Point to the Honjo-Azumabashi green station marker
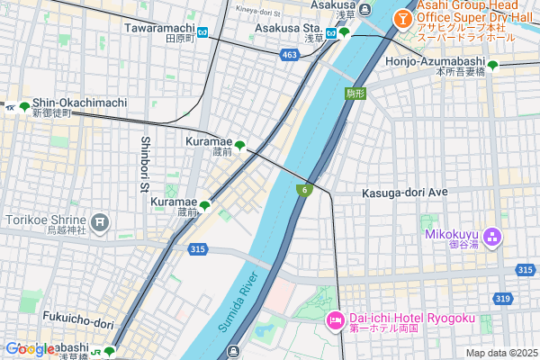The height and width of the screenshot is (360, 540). [493, 65]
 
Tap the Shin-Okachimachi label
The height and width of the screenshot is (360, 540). [79, 103]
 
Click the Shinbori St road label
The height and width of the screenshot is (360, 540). [145, 164]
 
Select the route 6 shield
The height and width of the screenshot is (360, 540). [306, 189]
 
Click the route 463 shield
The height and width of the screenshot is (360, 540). [289, 56]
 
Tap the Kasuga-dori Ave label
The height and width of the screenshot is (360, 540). [404, 193]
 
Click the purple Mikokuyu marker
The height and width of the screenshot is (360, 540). [491, 238]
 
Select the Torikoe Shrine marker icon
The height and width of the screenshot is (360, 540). [99, 220]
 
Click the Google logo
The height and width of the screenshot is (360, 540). [29, 349]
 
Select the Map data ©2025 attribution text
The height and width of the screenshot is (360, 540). [499, 353]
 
